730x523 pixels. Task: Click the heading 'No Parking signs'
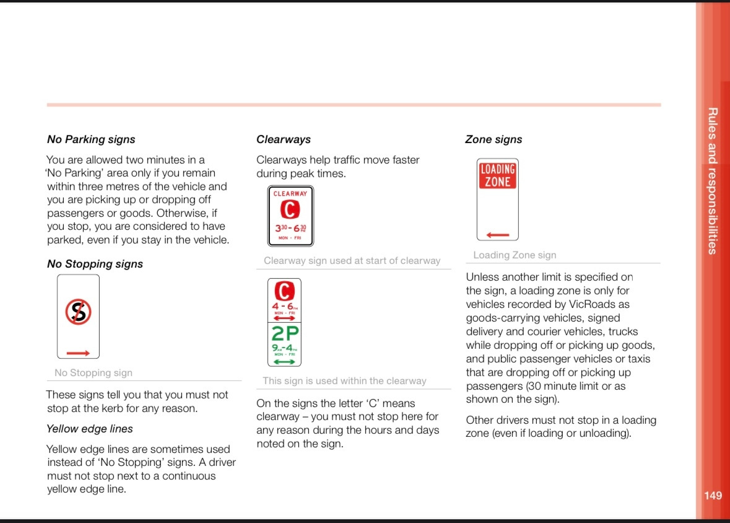[91, 139]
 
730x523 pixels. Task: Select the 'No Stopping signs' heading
[95, 264]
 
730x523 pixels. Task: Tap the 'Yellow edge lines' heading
[90, 429]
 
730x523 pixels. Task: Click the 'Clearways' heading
[284, 139]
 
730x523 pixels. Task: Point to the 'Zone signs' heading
[493, 139]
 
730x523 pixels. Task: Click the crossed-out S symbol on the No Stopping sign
[79, 312]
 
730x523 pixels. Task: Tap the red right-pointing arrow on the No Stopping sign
[78, 353]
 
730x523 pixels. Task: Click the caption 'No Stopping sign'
[93, 373]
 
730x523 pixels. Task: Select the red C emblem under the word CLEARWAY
[290, 210]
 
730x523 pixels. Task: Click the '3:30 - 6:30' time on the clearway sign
[290, 228]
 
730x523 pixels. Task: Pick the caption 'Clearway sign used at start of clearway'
[352, 261]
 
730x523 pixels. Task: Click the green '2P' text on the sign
[285, 334]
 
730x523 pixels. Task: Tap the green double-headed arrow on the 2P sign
[285, 361]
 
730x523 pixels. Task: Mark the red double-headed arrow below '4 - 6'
[285, 318]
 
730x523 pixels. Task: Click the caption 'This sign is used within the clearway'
[344, 381]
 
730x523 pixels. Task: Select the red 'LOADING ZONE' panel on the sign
[498, 175]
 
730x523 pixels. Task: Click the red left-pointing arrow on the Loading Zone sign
[498, 235]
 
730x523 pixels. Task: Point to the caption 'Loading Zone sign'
[515, 255]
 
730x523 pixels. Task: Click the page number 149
[713, 495]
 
